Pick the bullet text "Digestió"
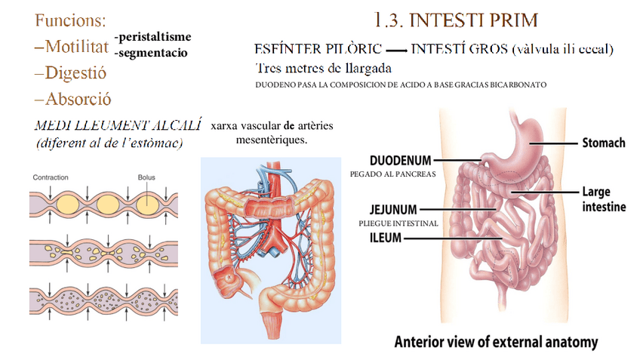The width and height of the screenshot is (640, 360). [x=75, y=73]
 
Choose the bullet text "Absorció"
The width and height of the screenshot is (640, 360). [x=78, y=99]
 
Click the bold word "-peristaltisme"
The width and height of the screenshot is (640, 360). [x=153, y=37]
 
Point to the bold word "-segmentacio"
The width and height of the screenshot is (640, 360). [x=151, y=53]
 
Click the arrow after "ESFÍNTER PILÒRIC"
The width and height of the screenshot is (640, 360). [x=396, y=51]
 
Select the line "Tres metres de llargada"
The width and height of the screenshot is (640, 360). [x=323, y=68]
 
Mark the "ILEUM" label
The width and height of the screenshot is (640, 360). [x=385, y=238]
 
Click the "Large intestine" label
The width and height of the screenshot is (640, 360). [x=603, y=198]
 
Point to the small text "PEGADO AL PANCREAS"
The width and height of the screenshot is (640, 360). [x=393, y=174]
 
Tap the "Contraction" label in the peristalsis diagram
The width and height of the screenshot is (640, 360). [x=51, y=177]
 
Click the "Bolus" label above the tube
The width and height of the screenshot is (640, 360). [x=146, y=177]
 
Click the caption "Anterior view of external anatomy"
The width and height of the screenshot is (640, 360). [x=496, y=342]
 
